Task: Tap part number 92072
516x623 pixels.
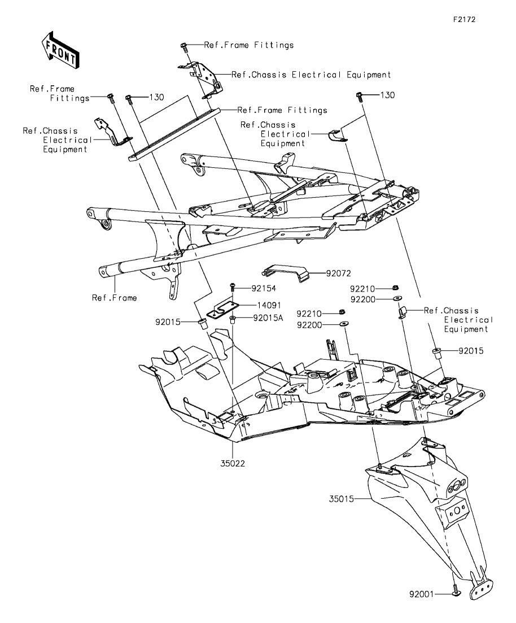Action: (x=338, y=273)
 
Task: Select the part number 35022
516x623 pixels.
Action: (x=233, y=463)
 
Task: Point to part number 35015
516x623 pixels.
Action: (x=341, y=499)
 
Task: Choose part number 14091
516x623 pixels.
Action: (x=269, y=305)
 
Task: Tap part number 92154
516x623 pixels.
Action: (x=263, y=289)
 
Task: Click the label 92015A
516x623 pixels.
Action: (x=268, y=317)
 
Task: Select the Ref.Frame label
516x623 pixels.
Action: (x=115, y=298)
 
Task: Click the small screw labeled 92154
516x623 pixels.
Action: (x=233, y=287)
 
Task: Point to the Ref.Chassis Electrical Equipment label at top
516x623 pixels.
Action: (x=311, y=75)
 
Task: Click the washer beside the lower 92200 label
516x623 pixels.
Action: (x=343, y=324)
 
